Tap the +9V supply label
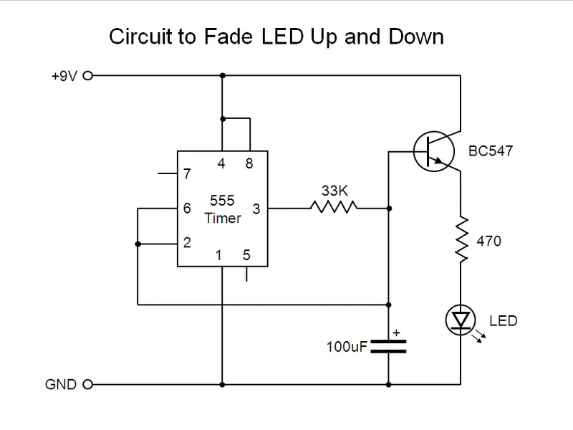[64, 74]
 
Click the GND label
[62, 385]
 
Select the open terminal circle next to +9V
[89, 74]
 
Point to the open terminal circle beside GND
[89, 385]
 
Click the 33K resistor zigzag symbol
[334, 208]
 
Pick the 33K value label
[334, 190]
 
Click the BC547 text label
[491, 151]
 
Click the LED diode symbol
[458, 317]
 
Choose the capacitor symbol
[387, 347]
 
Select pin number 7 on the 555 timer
[188, 174]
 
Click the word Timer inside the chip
[223, 218]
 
